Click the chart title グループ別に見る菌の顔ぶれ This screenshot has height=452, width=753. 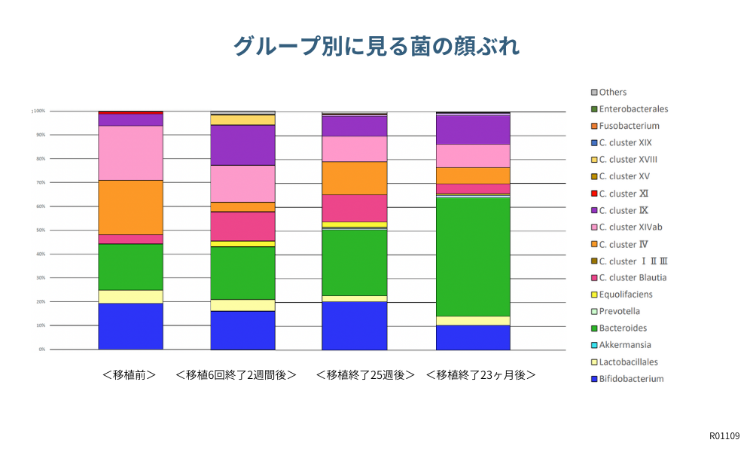pyautogui.click(x=376, y=46)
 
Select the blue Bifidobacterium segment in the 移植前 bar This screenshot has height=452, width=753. pyautogui.click(x=130, y=326)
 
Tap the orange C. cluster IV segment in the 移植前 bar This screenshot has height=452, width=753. pyautogui.click(x=130, y=207)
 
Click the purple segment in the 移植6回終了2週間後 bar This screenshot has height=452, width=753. pyautogui.click(x=242, y=145)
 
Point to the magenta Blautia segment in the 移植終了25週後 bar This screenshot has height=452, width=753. pyautogui.click(x=354, y=208)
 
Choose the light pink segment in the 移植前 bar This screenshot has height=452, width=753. pyautogui.click(x=130, y=153)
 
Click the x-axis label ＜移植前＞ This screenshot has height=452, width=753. pyautogui.click(x=130, y=374)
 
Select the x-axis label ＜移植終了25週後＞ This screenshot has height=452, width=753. pyautogui.click(x=365, y=374)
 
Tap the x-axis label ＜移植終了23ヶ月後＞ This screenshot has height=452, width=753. pyautogui.click(x=480, y=374)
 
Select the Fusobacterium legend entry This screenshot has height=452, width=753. pyautogui.click(x=629, y=126)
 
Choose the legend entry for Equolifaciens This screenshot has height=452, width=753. pyautogui.click(x=625, y=295)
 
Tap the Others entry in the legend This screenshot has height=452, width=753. pyautogui.click(x=612, y=92)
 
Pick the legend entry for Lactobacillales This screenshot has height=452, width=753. pyautogui.click(x=628, y=362)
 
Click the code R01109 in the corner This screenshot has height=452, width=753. pyautogui.click(x=724, y=436)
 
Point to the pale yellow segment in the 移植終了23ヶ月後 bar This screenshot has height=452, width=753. pyautogui.click(x=473, y=320)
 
